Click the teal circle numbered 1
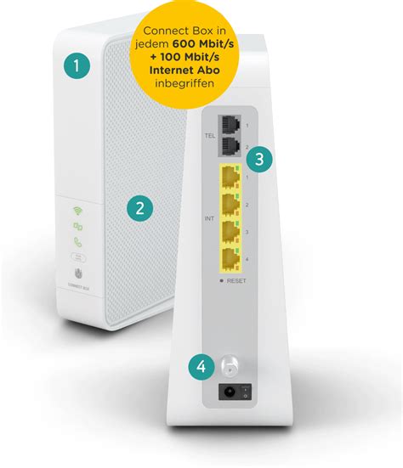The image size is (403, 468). (79, 65)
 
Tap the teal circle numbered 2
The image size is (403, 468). (140, 206)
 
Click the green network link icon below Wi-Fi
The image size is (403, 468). (77, 226)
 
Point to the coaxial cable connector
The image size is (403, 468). (228, 366)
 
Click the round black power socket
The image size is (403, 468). (227, 393)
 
